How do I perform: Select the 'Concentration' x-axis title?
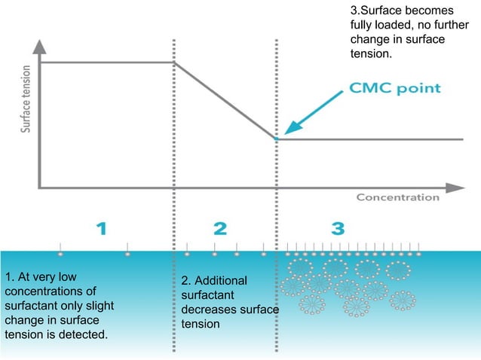coord(397,197)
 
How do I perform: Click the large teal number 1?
coord(106,228)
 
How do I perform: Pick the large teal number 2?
coord(219,228)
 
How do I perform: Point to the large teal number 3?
coord(338,228)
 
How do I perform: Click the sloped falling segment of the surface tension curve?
coord(225,100)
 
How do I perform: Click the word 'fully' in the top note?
coord(363,25)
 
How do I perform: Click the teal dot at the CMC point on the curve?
coord(276,139)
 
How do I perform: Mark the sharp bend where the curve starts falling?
coord(174,63)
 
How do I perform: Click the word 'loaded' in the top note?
coord(400,25)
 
